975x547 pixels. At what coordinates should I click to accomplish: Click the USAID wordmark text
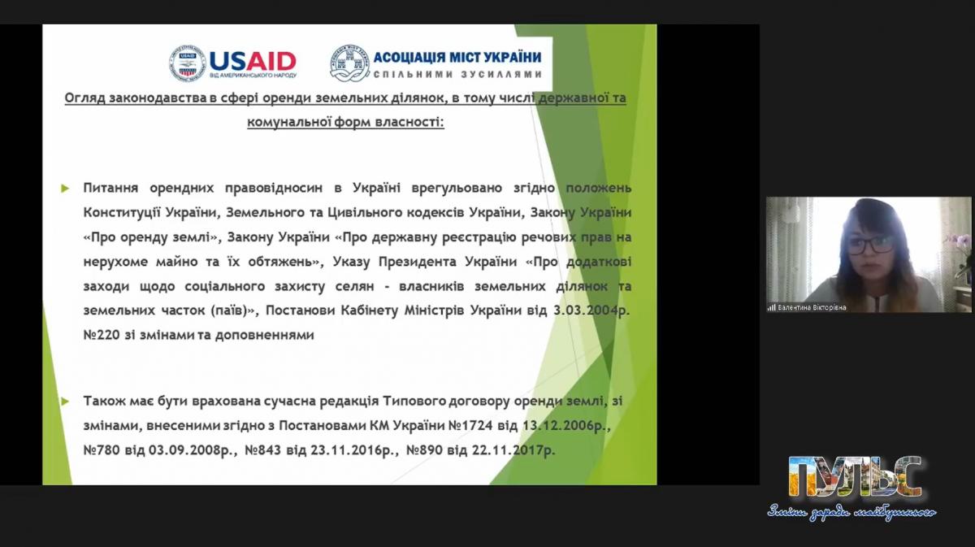(253, 61)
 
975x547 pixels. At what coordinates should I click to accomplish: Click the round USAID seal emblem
(187, 63)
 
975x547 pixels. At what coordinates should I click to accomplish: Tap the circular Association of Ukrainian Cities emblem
(349, 63)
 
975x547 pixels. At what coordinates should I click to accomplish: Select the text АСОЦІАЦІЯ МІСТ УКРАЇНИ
(457, 57)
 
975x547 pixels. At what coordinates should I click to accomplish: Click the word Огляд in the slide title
(84, 98)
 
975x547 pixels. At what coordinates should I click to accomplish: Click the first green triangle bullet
(65, 189)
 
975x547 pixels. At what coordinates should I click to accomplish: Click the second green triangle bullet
(65, 401)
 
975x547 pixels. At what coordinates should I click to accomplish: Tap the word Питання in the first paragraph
(110, 188)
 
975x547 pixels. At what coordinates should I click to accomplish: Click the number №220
(101, 335)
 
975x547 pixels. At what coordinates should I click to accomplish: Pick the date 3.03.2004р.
(591, 310)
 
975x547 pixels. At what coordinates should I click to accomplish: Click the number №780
(101, 450)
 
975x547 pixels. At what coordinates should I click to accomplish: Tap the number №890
(424, 450)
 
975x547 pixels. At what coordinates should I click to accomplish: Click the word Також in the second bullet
(104, 401)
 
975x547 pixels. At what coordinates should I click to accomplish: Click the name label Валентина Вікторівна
(812, 307)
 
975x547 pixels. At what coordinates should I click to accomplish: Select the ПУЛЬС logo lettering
(855, 477)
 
